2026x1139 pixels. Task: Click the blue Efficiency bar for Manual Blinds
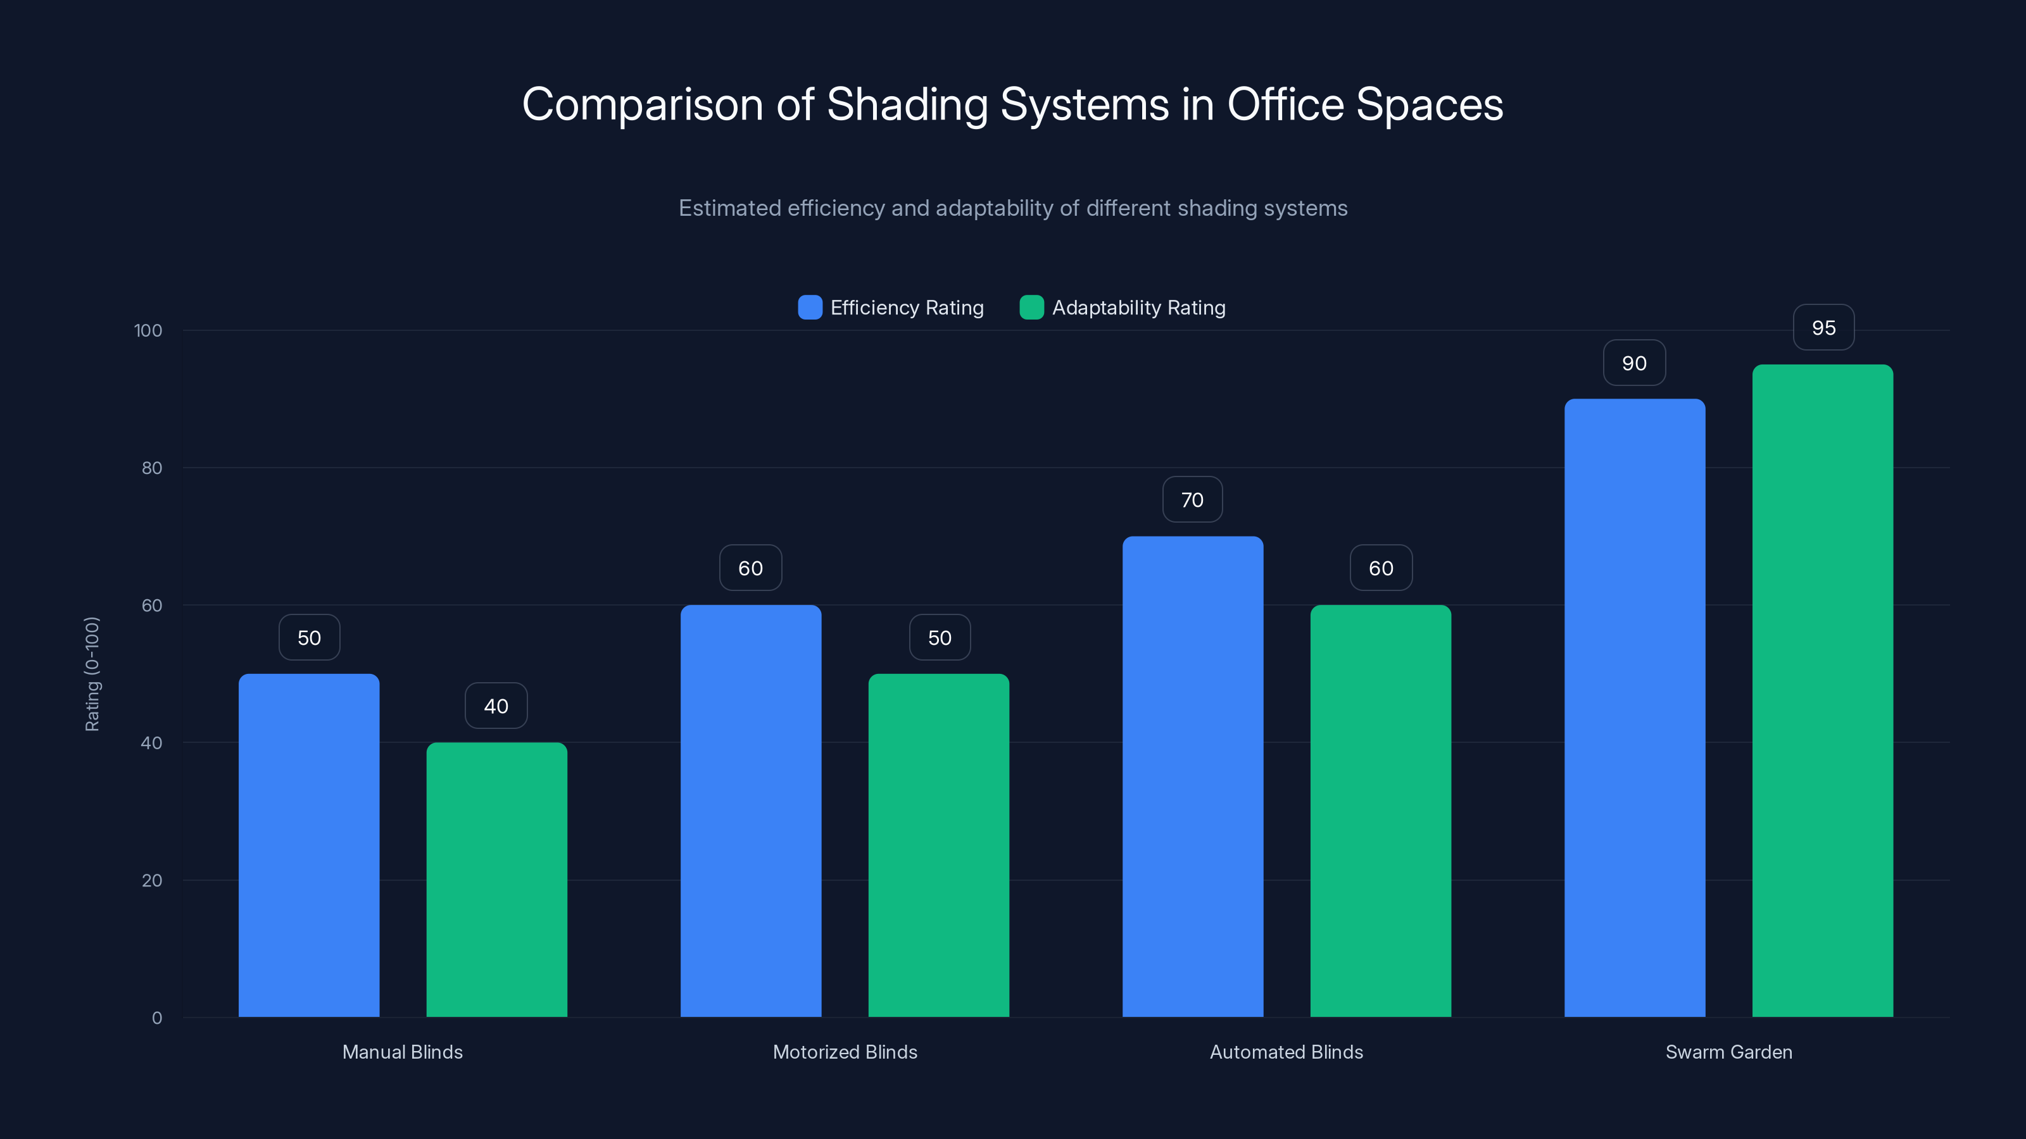[x=308, y=845]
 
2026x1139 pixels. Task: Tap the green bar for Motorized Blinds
[x=938, y=845]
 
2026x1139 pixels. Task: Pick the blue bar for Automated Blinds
[x=1192, y=776]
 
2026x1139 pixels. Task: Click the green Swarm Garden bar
[x=1822, y=690]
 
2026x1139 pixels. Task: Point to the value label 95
[x=1823, y=328]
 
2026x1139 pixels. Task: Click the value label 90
[x=1633, y=363]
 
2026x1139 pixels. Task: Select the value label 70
[x=1192, y=500]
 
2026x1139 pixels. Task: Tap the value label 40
[x=496, y=706]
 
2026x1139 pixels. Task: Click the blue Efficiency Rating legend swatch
[x=809, y=308]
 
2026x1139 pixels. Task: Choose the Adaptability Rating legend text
[x=1138, y=308]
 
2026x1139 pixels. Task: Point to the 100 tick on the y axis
[x=148, y=330]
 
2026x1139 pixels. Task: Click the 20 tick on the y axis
[x=152, y=880]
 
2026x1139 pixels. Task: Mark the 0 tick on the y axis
[x=156, y=1018]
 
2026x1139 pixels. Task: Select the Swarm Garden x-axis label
[x=1728, y=1052]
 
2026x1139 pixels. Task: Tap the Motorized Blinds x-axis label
[x=845, y=1052]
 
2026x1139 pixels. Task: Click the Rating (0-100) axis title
[x=92, y=674]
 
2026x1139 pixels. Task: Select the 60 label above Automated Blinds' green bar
[x=1380, y=568]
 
